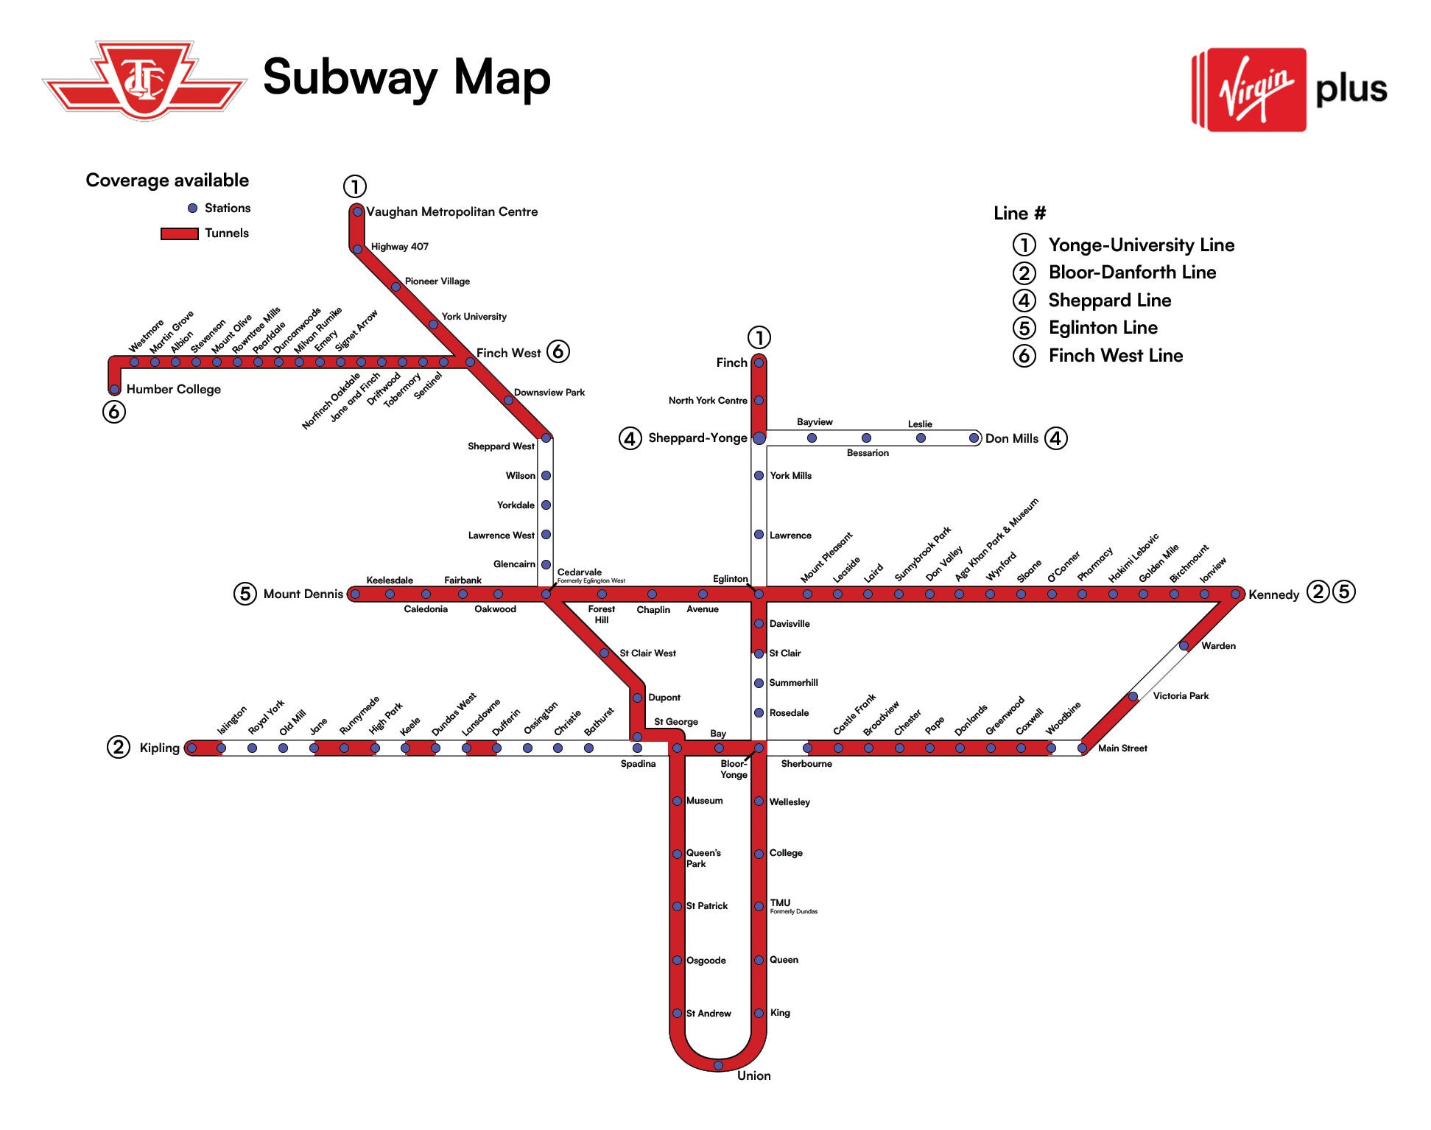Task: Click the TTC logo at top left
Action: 144,81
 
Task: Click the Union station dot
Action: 718,1065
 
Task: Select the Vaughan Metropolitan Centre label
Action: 451,212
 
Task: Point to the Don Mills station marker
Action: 974,438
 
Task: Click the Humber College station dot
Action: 114,390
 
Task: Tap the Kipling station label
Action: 159,748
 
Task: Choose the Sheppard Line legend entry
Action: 1109,301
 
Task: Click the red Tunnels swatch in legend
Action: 180,234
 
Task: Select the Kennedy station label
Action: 1273,595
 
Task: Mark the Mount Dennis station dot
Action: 356,594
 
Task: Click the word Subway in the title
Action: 350,78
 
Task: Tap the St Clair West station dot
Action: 604,653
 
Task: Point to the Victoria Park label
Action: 1181,696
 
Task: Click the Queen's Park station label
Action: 703,858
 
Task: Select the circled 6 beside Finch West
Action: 558,351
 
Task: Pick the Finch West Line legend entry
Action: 1115,356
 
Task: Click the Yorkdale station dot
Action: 546,505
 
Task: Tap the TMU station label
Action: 780,903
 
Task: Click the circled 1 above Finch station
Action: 759,338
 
